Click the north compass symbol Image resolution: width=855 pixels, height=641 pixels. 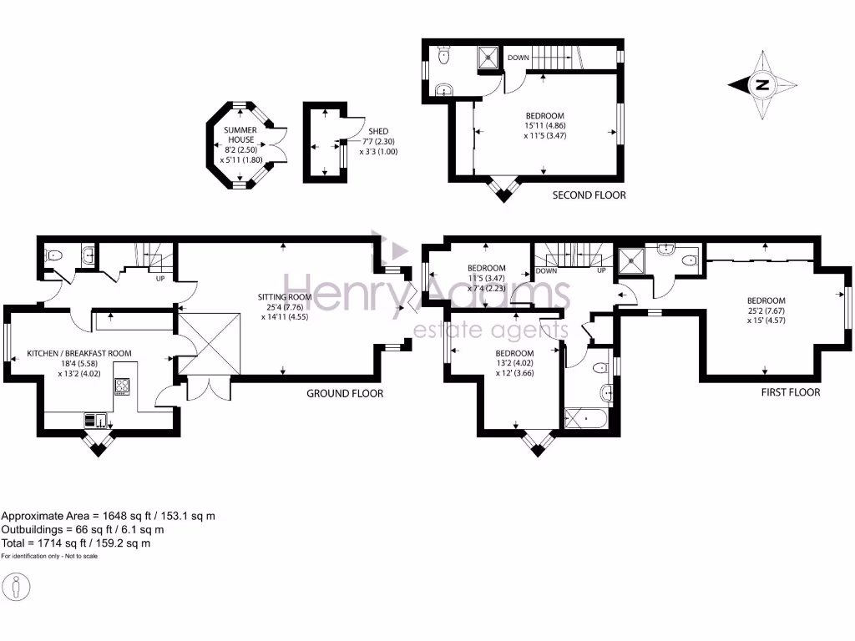click(x=761, y=84)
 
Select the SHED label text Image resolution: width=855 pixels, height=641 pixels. click(x=378, y=131)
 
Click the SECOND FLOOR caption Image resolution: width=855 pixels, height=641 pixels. click(x=589, y=195)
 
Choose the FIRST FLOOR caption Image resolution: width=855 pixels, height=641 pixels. click(x=790, y=391)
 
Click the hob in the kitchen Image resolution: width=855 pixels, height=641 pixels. click(x=122, y=386)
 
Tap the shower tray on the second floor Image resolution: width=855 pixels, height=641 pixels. click(x=487, y=58)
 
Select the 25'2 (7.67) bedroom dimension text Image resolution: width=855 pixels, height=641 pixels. click(x=766, y=311)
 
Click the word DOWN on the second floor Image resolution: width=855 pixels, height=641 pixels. click(x=518, y=58)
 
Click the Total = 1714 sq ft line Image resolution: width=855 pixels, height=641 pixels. click(x=76, y=543)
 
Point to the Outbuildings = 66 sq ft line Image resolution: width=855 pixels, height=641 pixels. click(x=83, y=530)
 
